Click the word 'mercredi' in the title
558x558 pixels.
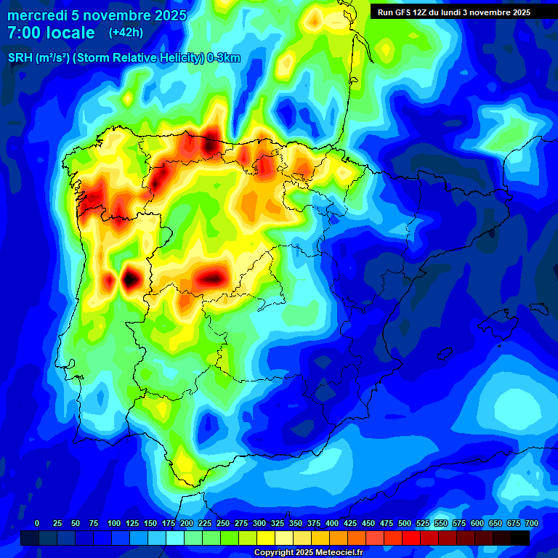pos(37,15)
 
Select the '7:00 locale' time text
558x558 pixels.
pos(51,33)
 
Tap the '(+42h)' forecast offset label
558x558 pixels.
pos(126,32)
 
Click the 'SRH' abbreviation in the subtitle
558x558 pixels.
pos(19,58)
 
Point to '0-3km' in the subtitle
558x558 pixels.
pos(224,58)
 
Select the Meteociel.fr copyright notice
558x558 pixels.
pos(309,552)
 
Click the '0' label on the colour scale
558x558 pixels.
pos(37,524)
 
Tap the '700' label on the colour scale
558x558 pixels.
pos(531,524)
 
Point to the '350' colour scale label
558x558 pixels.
pos(296,524)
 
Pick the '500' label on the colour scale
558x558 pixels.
pos(405,524)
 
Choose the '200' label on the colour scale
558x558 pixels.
pos(187,524)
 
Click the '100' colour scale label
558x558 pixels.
pos(114,524)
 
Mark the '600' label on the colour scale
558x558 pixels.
pos(477,524)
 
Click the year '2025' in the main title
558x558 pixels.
pos(169,15)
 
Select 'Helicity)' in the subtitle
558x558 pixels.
pos(182,58)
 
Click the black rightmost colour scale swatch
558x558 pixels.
pos(520,538)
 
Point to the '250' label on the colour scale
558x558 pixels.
pos(223,524)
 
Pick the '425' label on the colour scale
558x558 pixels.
pos(350,524)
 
